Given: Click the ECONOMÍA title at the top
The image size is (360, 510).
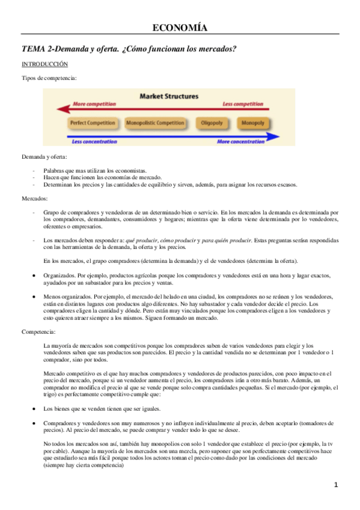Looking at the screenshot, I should tap(180, 28).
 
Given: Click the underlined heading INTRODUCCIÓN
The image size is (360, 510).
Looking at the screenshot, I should tap(44, 63).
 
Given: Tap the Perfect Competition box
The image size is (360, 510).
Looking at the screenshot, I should tap(93, 123).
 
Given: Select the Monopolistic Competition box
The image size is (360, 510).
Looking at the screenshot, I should tap(155, 123).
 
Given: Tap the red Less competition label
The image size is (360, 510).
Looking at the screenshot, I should tap(242, 104).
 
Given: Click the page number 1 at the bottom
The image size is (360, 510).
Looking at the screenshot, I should tap(337, 485).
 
